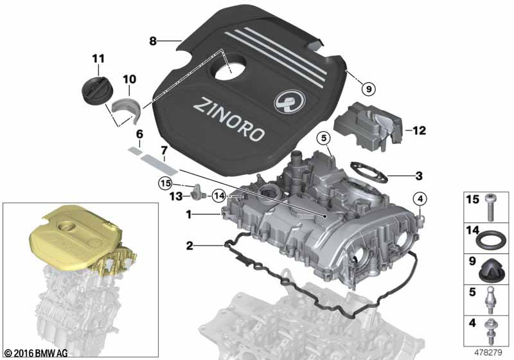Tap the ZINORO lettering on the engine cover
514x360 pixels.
pos(229,120)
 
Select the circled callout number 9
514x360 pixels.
pos(368,89)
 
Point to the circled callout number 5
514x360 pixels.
pos(324,139)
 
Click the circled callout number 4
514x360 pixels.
pos(421,199)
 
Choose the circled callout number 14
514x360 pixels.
pos(219,195)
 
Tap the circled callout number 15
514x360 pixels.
pos(166,183)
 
